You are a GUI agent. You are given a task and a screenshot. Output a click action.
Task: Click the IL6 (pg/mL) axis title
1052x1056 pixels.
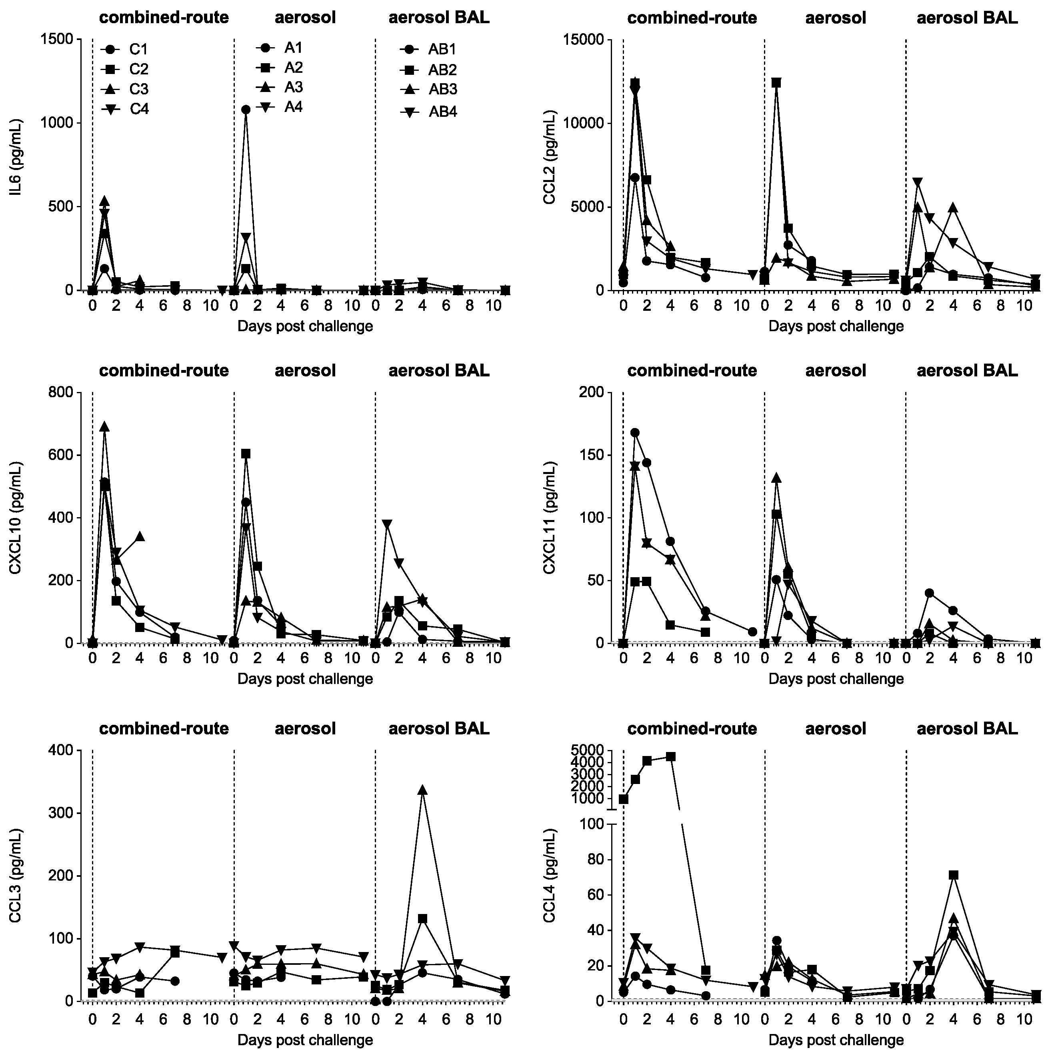15,164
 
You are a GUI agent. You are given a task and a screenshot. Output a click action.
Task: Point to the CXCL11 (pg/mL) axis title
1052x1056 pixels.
549,517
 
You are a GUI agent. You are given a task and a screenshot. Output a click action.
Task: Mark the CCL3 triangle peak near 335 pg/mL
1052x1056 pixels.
422,790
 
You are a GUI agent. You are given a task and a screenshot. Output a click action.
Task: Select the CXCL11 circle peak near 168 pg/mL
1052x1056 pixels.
635,433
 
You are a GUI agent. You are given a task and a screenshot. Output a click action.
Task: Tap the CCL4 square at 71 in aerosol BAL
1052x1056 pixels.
954,875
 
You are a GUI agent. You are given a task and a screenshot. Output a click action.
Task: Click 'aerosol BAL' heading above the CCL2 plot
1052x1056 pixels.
967,18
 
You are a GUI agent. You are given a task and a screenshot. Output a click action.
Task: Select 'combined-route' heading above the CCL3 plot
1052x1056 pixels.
164,728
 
